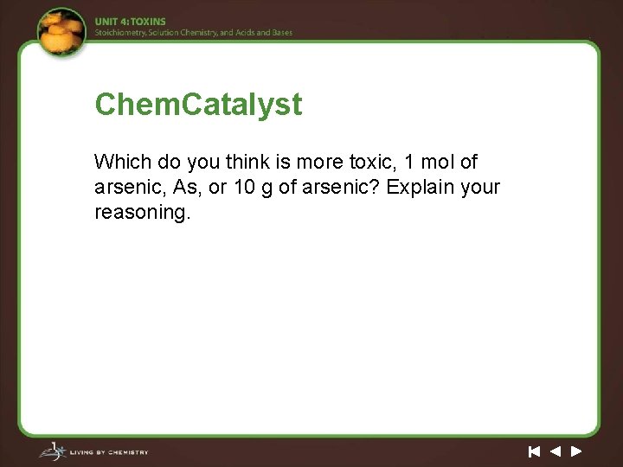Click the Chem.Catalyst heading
pyautogui.click(x=198, y=105)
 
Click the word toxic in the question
pyautogui.click(x=372, y=162)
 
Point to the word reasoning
pyautogui.click(x=141, y=212)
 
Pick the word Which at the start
pyautogui.click(x=122, y=162)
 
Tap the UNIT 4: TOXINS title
pyautogui.click(x=130, y=22)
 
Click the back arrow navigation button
pyautogui.click(x=556, y=451)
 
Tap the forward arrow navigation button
pyautogui.click(x=576, y=451)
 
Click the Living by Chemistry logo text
pyautogui.click(x=110, y=452)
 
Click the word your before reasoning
pyautogui.click(x=481, y=187)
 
